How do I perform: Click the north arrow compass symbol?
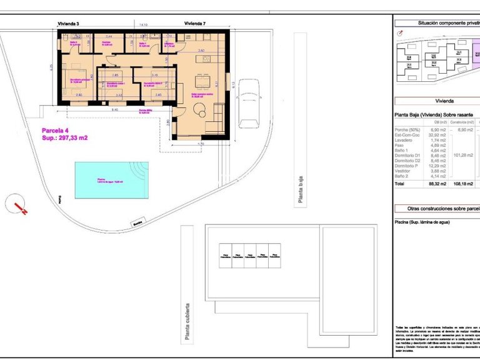(x=18, y=206)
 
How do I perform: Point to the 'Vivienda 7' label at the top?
(x=195, y=23)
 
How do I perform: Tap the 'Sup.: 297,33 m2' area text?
(x=64, y=138)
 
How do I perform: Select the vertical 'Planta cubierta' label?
(x=186, y=322)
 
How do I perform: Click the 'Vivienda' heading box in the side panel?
(x=444, y=100)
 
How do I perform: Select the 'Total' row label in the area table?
(x=401, y=184)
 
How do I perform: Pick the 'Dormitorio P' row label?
(x=411, y=166)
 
